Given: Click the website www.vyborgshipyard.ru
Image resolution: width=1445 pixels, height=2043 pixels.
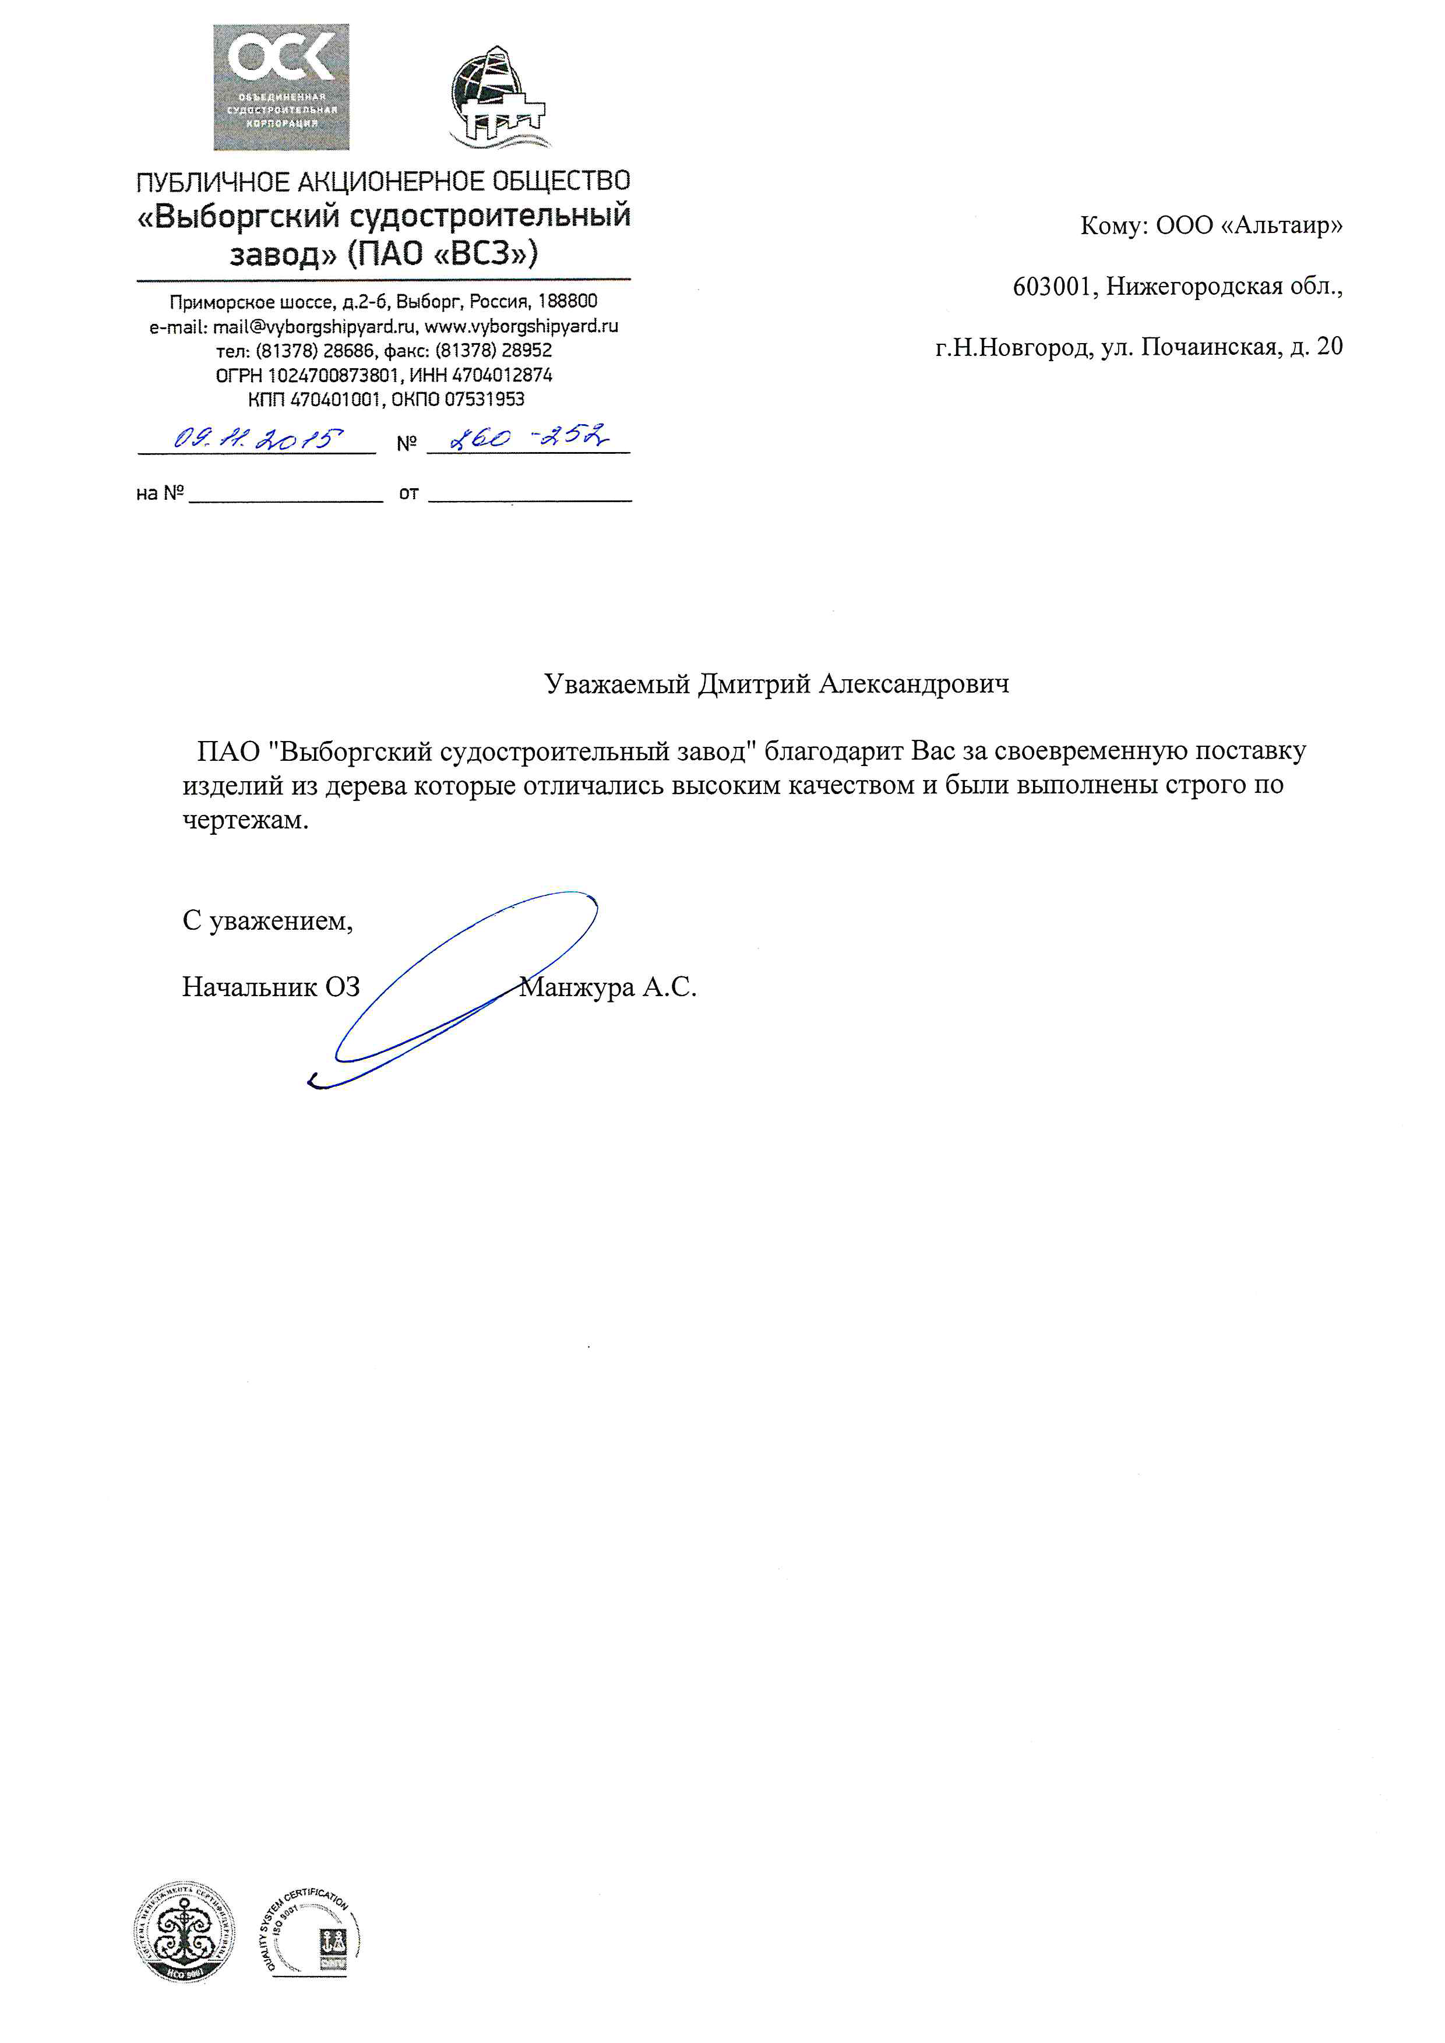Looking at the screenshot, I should (521, 327).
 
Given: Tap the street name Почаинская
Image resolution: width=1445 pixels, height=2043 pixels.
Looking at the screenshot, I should (1209, 347).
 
